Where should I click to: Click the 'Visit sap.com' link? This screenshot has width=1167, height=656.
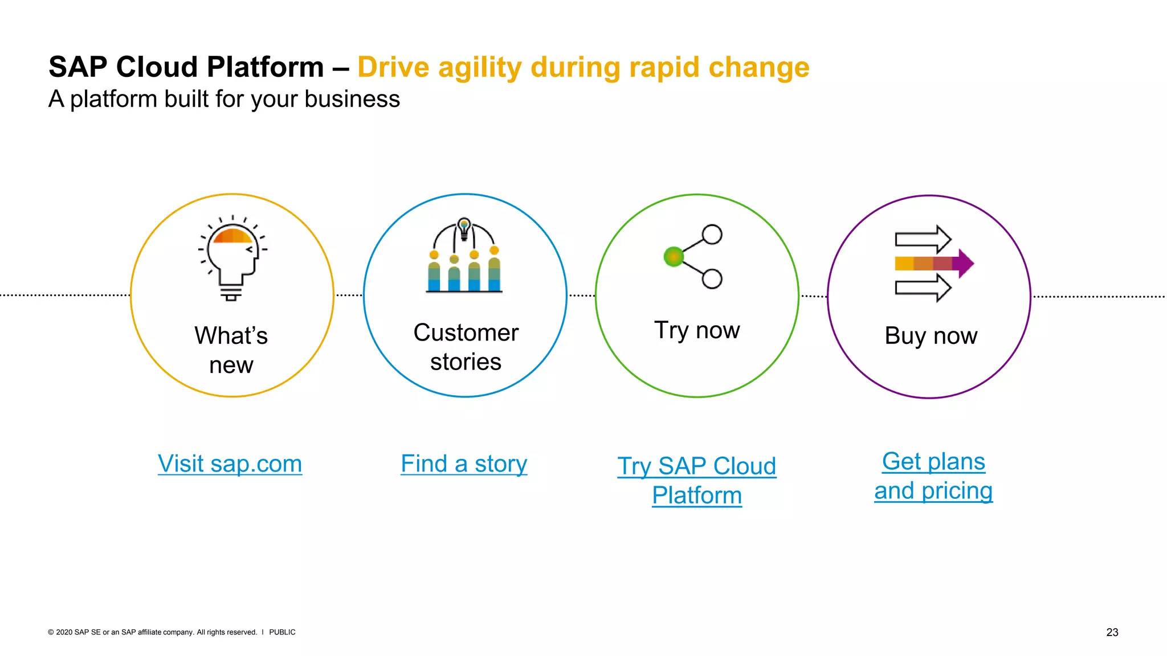click(x=230, y=464)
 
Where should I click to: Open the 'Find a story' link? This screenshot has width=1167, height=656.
click(x=464, y=464)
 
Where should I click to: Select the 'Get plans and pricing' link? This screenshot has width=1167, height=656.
click(x=933, y=476)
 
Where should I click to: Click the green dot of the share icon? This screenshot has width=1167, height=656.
click(x=674, y=257)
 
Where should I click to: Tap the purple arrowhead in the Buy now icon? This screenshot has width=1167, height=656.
click(x=965, y=263)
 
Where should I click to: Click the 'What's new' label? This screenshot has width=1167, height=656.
click(x=231, y=350)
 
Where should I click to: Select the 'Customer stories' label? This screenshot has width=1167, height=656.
click(x=466, y=347)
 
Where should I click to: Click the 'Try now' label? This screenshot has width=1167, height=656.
click(x=696, y=330)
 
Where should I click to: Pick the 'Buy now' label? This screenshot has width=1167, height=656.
click(x=931, y=335)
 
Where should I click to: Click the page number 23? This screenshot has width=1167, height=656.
click(x=1112, y=632)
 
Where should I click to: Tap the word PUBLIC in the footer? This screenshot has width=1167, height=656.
click(x=282, y=632)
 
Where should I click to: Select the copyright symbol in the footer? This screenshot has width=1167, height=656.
click(x=51, y=632)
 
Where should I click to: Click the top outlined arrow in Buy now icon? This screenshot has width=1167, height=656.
click(x=922, y=239)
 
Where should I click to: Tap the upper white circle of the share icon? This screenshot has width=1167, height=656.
click(x=712, y=234)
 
